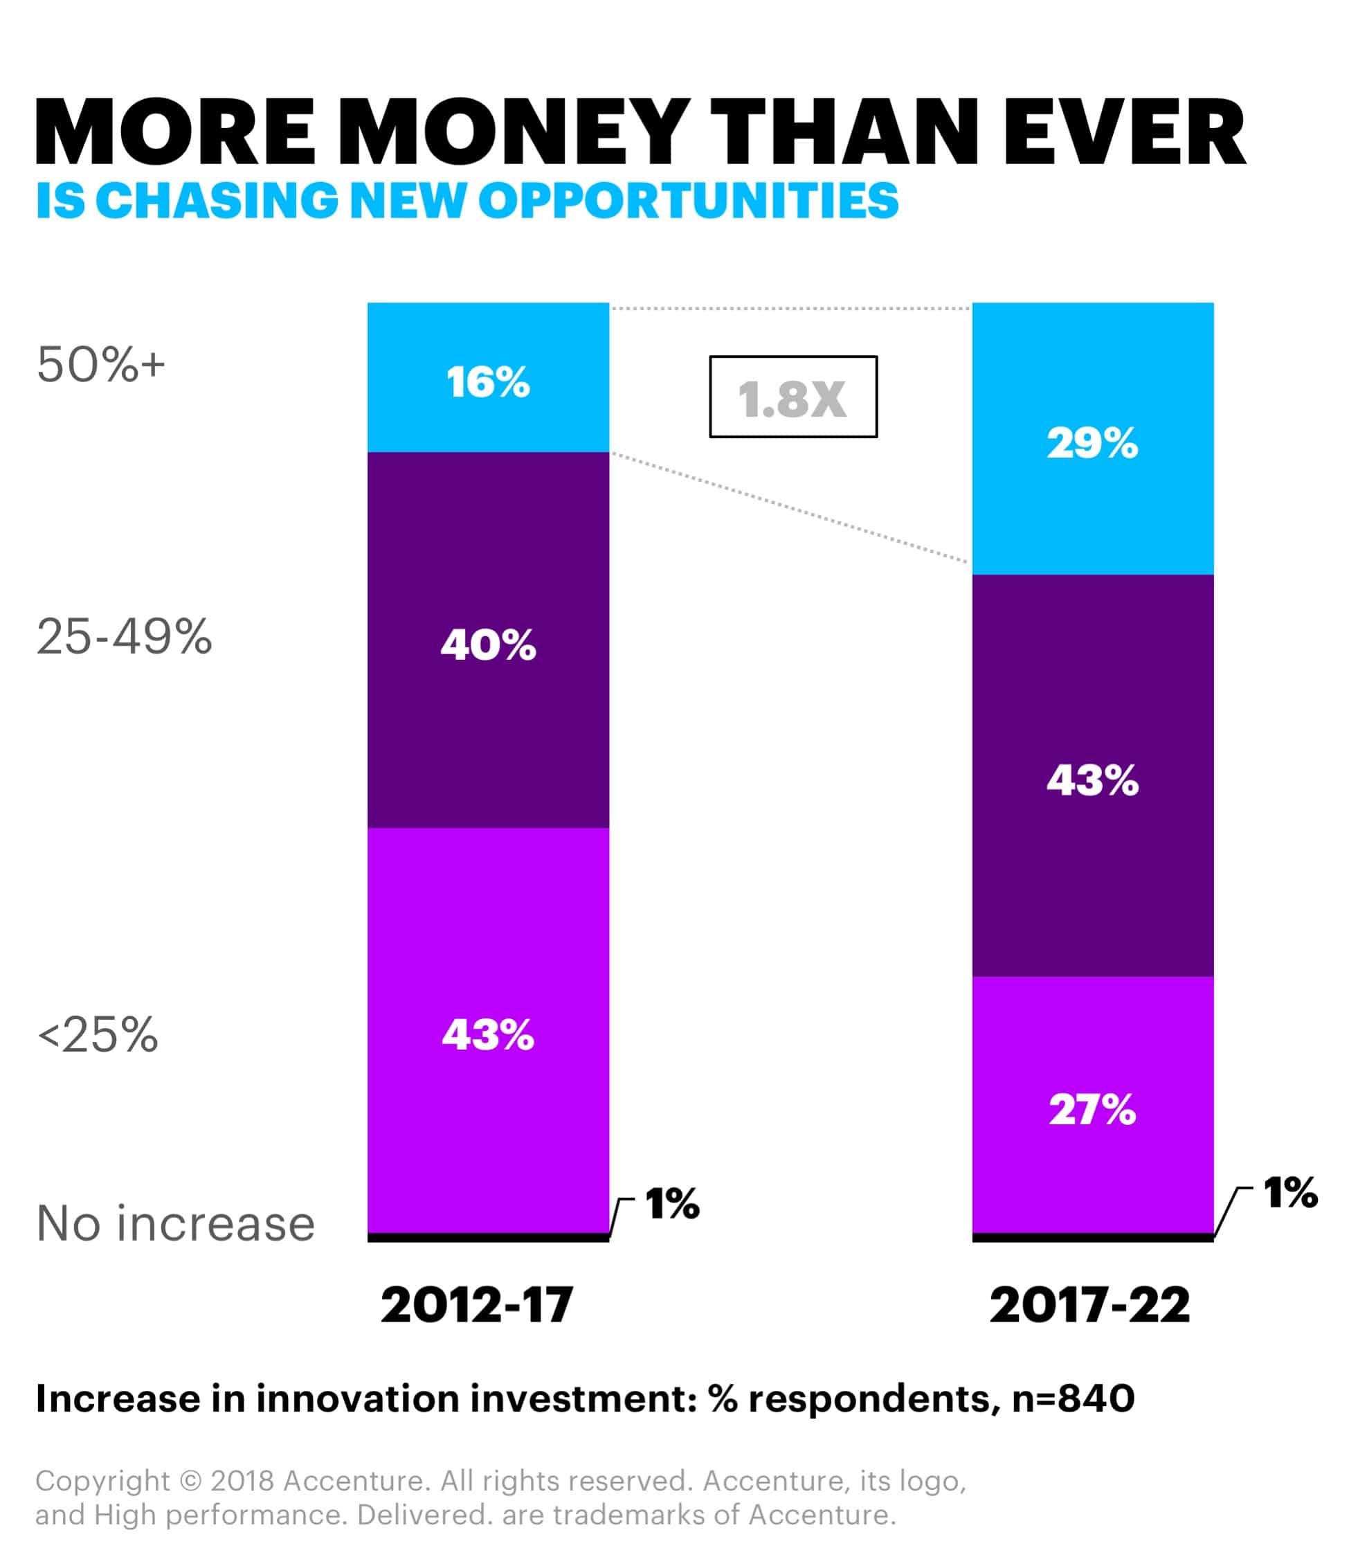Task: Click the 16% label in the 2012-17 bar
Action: click(x=488, y=382)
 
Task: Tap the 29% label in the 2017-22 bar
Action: click(x=1092, y=444)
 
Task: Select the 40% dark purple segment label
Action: click(x=488, y=645)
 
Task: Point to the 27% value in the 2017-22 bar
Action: click(x=1092, y=1110)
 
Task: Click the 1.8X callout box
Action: click(x=793, y=397)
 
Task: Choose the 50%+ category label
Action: click(x=101, y=365)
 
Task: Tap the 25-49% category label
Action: click(x=125, y=636)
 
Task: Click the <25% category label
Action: click(x=98, y=1035)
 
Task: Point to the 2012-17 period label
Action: click(x=477, y=1305)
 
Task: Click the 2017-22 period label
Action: click(x=1089, y=1305)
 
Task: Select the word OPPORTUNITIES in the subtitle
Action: click(x=688, y=201)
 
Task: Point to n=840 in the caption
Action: click(x=1073, y=1399)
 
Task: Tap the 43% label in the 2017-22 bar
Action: click(x=1092, y=780)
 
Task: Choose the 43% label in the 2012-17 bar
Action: click(x=488, y=1035)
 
